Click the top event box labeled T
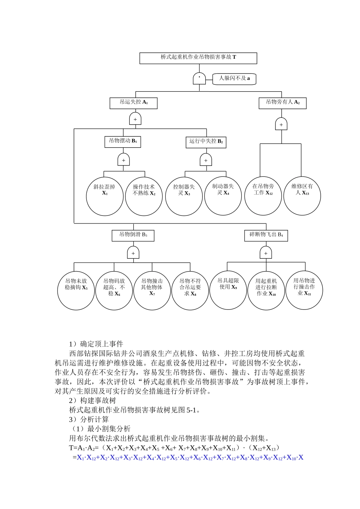coord(198,58)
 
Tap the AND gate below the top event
coord(199,78)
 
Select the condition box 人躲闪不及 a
coord(234,79)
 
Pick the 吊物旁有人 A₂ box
coord(282,103)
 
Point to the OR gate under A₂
coord(281,124)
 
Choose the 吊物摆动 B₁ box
coord(122,142)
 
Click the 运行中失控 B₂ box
coord(206,142)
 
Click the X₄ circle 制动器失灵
coord(223,196)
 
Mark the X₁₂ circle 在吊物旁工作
coord(263,196)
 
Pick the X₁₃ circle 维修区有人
coord(302,196)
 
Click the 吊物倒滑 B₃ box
coord(133,235)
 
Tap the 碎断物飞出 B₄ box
coord(266,235)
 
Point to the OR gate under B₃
coord(133,253)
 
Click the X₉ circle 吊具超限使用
coord(228,290)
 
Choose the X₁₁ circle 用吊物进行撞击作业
coord(304,290)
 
